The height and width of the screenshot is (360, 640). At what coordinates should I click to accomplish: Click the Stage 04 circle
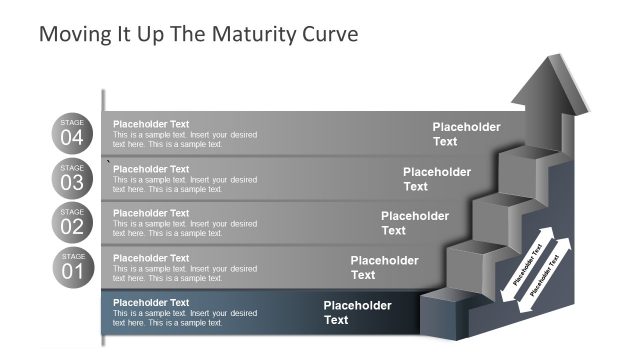tap(72, 133)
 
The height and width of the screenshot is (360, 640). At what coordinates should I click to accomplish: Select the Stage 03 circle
tap(72, 178)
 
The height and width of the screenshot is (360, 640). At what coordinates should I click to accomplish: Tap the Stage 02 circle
tap(72, 222)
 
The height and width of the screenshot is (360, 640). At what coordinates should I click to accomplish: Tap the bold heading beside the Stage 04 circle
tap(151, 124)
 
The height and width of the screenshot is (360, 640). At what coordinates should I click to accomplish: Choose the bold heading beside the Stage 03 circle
tap(151, 169)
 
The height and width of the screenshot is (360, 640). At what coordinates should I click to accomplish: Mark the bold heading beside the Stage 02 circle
tap(151, 213)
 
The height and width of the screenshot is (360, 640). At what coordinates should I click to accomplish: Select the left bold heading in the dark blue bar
tap(151, 302)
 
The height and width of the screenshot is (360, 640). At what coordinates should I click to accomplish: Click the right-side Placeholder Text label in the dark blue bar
tap(357, 312)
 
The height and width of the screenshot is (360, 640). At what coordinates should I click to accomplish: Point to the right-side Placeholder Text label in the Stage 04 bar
tap(466, 134)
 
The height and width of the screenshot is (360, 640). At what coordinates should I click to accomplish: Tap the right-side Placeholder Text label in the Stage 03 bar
tap(437, 178)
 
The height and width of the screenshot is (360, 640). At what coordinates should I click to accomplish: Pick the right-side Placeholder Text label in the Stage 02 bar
tap(415, 222)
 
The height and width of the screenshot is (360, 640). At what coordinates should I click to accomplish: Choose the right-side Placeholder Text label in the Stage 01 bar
tap(384, 267)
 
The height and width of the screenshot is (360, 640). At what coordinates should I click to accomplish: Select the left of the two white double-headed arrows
tap(522, 268)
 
